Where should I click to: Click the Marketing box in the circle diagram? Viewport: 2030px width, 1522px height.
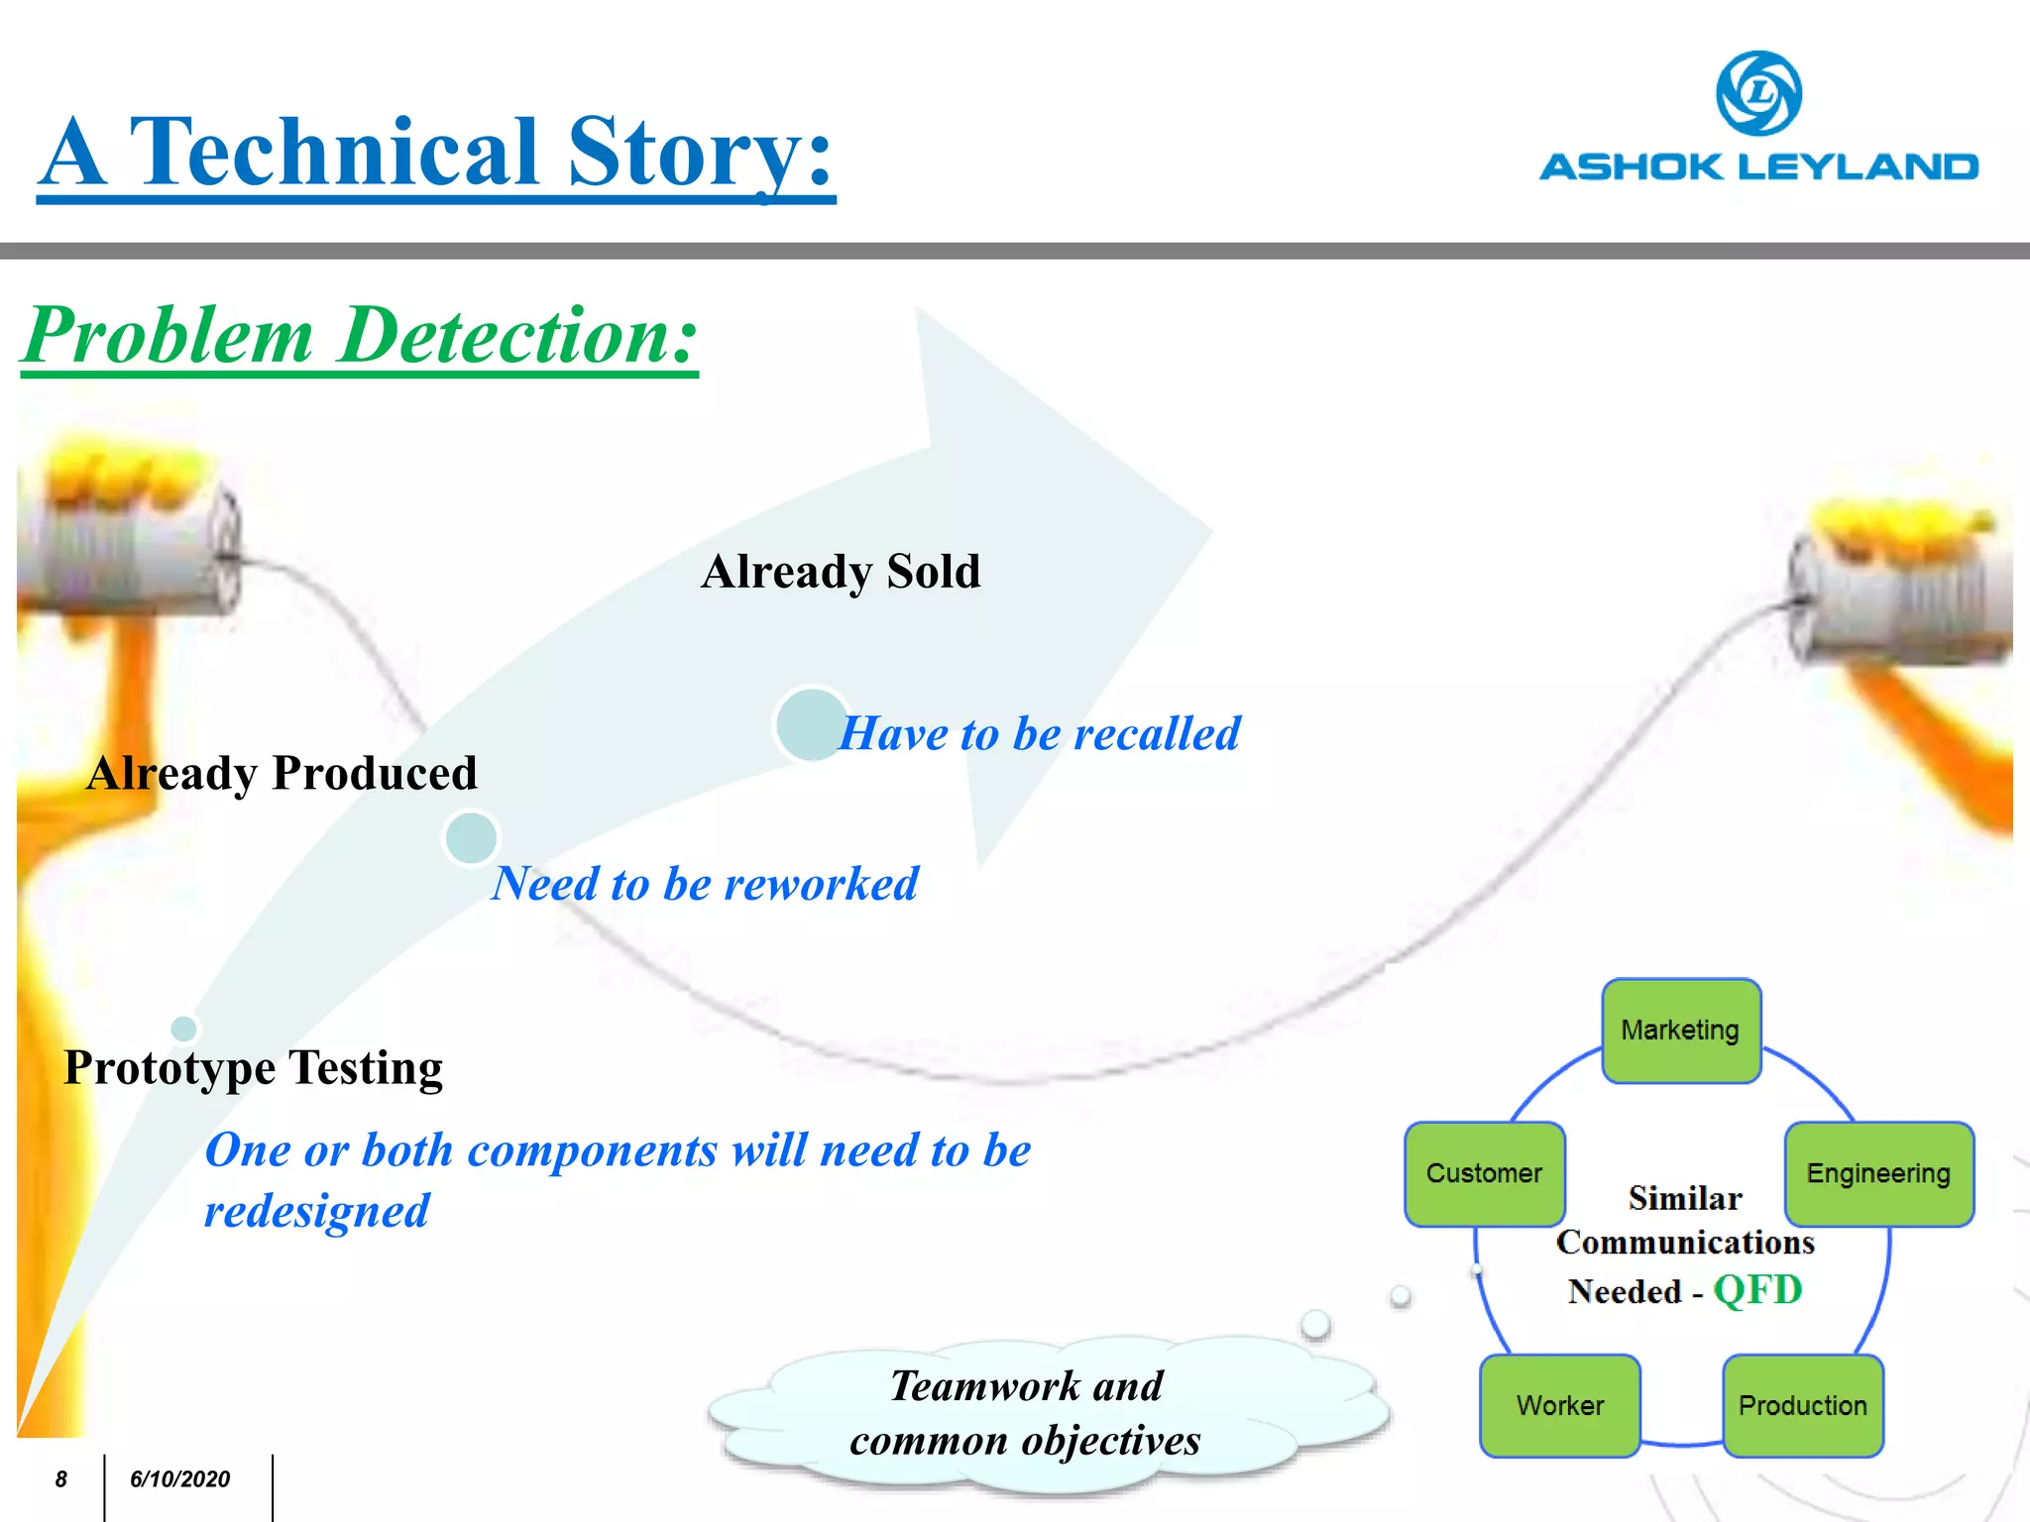pyautogui.click(x=1681, y=1031)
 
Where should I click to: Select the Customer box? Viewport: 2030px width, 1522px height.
pyautogui.click(x=1484, y=1173)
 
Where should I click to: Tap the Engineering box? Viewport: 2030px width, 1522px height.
pyautogui.click(x=1878, y=1173)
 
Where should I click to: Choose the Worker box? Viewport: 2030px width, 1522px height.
pyautogui.click(x=1559, y=1405)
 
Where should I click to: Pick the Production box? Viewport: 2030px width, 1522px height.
pyautogui.click(x=1802, y=1405)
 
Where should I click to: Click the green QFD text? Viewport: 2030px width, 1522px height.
pyautogui.click(x=1757, y=1290)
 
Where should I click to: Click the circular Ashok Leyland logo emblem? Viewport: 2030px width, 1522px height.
pyautogui.click(x=1758, y=93)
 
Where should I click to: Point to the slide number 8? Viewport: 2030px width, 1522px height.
pyautogui.click(x=60, y=1479)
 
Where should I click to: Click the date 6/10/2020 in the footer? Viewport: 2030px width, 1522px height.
pyautogui.click(x=179, y=1479)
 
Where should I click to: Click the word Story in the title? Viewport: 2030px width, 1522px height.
pyautogui.click(x=684, y=154)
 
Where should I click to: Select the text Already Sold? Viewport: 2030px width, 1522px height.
pyautogui.click(x=841, y=572)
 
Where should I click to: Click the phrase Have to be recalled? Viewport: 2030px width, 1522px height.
pyautogui.click(x=1040, y=734)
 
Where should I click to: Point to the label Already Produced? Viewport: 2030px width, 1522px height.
pyautogui.click(x=282, y=773)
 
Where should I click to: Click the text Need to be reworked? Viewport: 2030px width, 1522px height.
pyautogui.click(x=706, y=884)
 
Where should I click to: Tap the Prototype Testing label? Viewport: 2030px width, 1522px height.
pyautogui.click(x=253, y=1068)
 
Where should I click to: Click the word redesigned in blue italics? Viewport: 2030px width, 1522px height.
pyautogui.click(x=317, y=1211)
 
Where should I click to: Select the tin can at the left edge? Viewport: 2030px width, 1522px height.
pyautogui.click(x=129, y=555)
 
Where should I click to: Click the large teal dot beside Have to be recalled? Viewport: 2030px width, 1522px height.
pyautogui.click(x=811, y=724)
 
